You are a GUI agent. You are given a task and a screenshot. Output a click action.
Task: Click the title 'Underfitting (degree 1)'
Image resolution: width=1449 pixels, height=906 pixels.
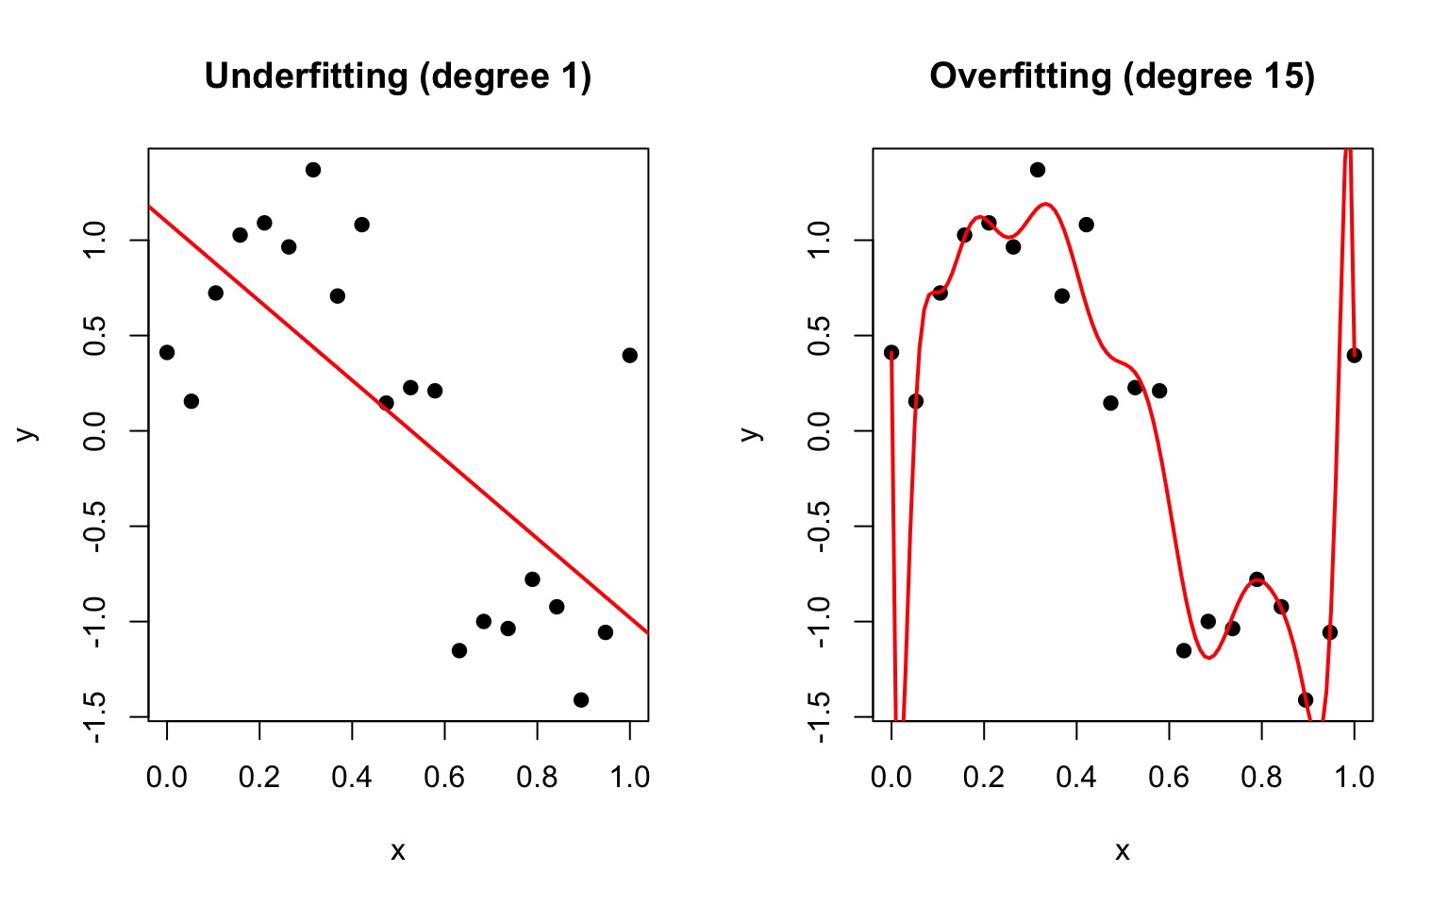(397, 76)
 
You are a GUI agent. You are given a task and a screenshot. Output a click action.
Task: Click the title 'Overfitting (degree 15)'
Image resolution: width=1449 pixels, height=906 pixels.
(1122, 76)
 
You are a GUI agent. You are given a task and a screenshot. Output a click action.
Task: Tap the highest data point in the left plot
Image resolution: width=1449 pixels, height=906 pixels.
(313, 170)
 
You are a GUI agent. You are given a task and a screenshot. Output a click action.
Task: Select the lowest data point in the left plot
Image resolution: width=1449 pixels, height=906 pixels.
(581, 699)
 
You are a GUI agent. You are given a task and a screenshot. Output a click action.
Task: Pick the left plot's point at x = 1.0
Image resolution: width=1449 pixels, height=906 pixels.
(630, 355)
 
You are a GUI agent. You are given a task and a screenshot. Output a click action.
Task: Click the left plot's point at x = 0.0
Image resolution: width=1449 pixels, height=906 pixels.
(167, 352)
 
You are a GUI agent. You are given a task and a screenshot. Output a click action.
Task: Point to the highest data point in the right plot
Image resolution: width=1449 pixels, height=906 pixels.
(1038, 170)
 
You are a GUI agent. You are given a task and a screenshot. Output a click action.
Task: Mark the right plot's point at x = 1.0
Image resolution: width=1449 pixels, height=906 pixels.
(1355, 355)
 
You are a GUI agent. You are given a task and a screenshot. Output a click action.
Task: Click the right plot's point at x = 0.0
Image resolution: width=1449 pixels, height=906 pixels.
(891, 352)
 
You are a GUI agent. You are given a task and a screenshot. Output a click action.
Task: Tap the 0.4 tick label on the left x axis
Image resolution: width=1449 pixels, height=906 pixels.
(352, 778)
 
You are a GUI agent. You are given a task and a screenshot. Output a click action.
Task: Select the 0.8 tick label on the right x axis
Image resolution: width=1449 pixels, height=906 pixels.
(1261, 778)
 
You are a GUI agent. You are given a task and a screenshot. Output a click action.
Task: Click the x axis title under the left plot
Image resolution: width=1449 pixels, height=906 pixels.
(398, 852)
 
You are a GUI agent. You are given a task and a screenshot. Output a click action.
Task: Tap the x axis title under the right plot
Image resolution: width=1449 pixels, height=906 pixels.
(1123, 852)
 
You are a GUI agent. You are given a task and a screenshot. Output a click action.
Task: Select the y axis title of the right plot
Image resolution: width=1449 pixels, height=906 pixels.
(750, 433)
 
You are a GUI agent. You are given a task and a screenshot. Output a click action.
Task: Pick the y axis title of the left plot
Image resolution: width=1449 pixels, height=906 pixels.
(26, 433)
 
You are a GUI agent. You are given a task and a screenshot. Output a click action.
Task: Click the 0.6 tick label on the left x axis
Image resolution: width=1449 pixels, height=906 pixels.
(444, 778)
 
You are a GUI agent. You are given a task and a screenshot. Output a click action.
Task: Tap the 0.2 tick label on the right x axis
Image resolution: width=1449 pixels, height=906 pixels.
(984, 778)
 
